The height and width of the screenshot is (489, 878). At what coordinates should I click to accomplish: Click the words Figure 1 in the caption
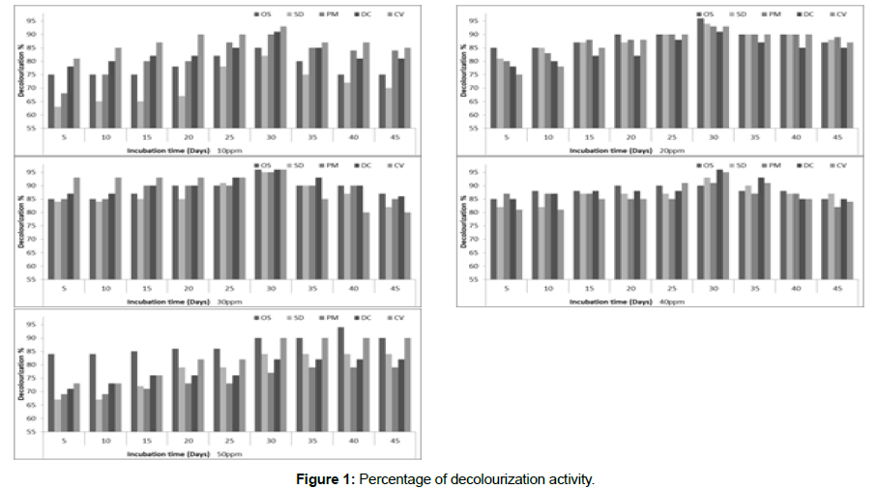tap(327, 479)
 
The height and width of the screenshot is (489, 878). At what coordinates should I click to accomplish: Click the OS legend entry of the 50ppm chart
tap(264, 317)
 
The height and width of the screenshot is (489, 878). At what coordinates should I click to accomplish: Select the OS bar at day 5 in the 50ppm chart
tap(50, 392)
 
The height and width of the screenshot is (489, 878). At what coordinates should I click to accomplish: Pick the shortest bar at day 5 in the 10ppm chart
tap(58, 117)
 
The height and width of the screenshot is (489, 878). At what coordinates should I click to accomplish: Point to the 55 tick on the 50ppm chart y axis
tap(32, 432)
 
